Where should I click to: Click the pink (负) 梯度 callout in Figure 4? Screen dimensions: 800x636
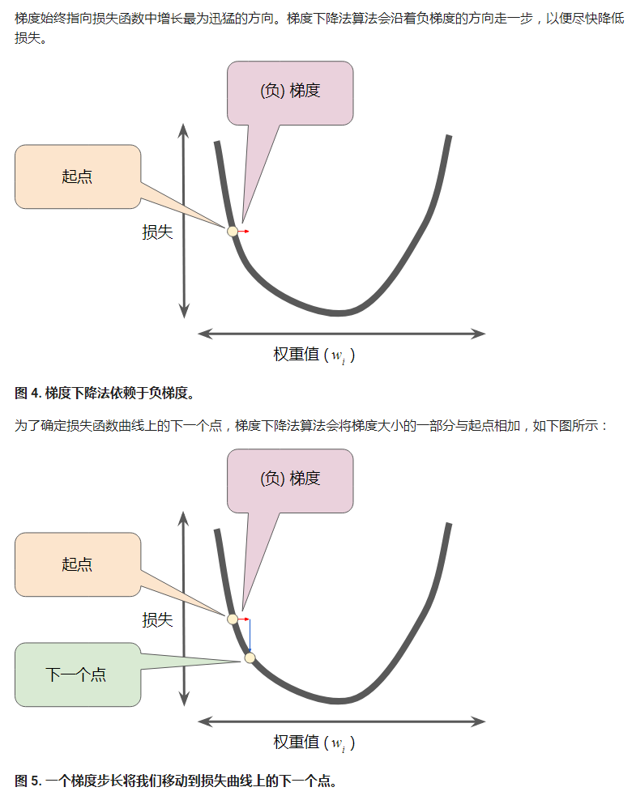click(x=290, y=91)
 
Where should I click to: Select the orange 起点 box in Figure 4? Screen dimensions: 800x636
click(x=78, y=177)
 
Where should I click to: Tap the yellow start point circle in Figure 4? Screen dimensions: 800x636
click(x=233, y=231)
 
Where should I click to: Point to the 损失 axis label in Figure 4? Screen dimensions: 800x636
click(x=158, y=232)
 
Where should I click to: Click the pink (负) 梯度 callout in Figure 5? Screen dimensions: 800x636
click(x=290, y=479)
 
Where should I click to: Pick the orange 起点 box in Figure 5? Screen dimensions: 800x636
click(x=78, y=564)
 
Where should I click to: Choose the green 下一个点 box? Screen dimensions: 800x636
click(x=77, y=674)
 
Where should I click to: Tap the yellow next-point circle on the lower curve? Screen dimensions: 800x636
click(x=250, y=657)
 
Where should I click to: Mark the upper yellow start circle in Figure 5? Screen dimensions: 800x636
click(x=233, y=619)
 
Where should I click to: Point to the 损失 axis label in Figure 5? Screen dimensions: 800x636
click(x=158, y=620)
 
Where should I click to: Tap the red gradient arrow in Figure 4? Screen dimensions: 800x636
click(x=244, y=232)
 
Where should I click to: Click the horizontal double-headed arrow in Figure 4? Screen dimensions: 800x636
click(x=341, y=333)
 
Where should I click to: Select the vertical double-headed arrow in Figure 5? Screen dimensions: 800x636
click(x=185, y=607)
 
